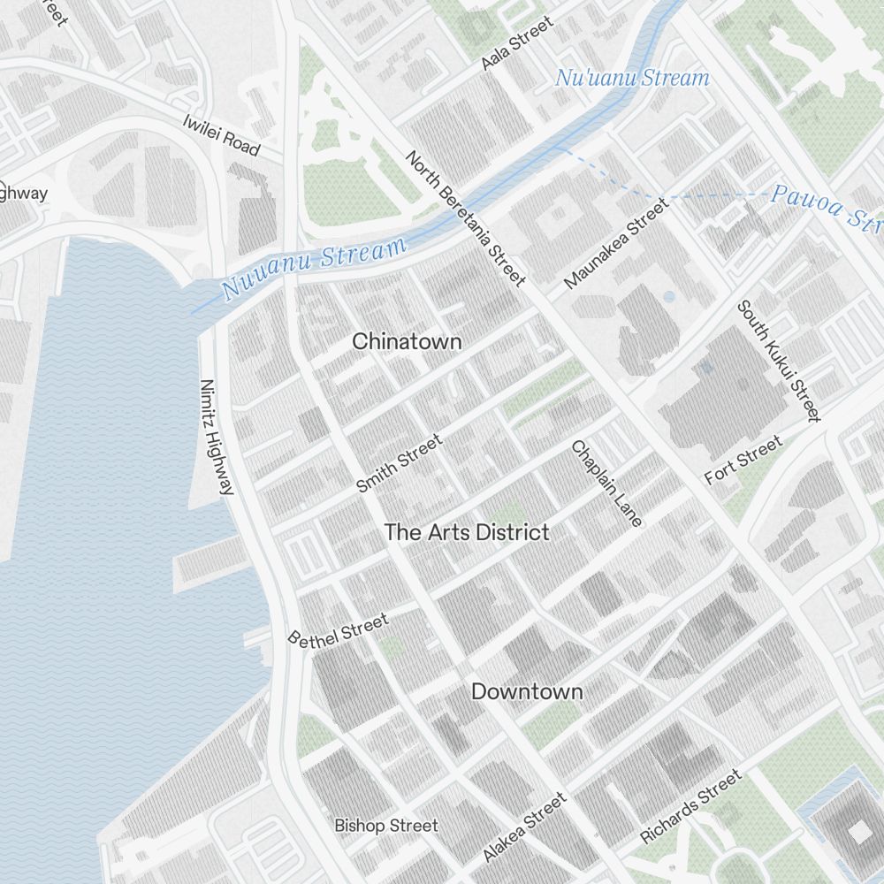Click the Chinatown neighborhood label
tap(407, 341)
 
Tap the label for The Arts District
tap(467, 532)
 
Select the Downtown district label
tap(527, 691)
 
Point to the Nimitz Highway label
tap(217, 437)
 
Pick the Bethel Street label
tap(339, 629)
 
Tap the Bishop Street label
tap(385, 826)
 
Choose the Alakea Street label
tap(524, 827)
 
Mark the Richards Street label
tap(691, 806)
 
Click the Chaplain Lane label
tap(606, 484)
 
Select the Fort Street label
tap(743, 460)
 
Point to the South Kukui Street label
tap(780, 361)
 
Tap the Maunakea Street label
tap(616, 244)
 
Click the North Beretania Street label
tap(466, 218)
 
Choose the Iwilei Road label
tap(221, 135)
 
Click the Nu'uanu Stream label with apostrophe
tap(632, 78)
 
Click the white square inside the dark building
tap(859, 831)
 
